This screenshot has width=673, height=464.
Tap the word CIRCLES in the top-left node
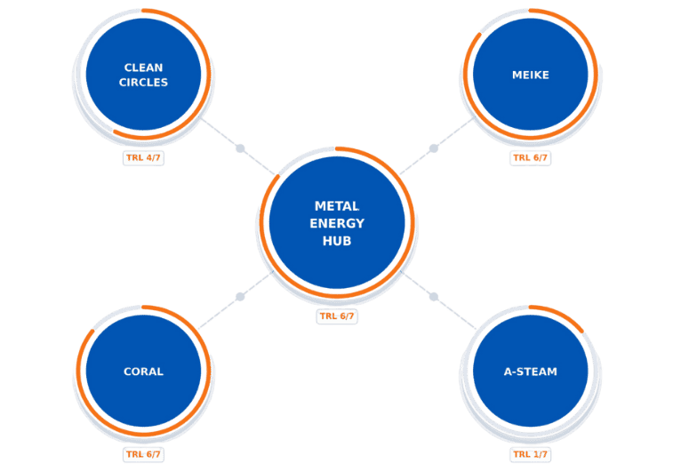coord(145,82)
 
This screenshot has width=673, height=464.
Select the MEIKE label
coord(531,75)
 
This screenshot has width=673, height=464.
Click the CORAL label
coord(144,372)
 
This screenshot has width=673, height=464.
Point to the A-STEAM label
coord(530,372)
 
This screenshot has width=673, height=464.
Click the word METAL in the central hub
coord(337,205)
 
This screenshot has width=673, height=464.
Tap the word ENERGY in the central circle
coord(337,222)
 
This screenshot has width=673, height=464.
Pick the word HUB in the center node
coord(337,240)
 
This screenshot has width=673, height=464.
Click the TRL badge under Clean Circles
coord(144,157)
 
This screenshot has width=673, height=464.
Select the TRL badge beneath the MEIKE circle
coord(531,158)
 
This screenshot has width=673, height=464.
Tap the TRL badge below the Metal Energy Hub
coord(337,316)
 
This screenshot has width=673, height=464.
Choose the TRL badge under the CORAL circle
coord(144,453)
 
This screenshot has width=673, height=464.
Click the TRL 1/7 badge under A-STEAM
coord(531,453)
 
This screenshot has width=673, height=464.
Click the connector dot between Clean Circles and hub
coord(239,148)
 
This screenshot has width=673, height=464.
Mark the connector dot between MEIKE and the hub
coord(434,148)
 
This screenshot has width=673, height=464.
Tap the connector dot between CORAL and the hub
coord(239,297)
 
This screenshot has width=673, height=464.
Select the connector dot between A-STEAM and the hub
coord(434,297)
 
